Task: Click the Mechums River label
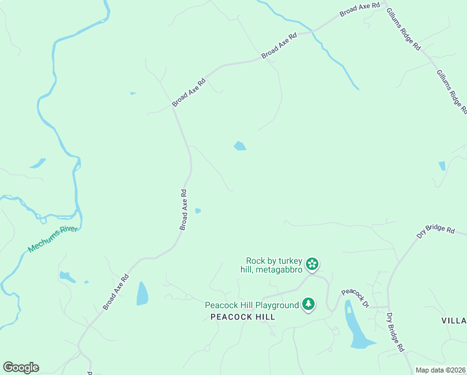(53, 239)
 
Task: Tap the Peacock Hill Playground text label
(252, 305)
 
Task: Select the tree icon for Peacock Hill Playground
(308, 304)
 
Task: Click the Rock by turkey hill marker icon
(313, 264)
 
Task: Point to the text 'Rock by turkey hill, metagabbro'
(274, 265)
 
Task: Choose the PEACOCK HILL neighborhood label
(243, 317)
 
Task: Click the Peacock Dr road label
(355, 298)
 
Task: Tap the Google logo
(21, 367)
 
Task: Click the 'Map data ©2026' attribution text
(440, 370)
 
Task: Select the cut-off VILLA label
(454, 320)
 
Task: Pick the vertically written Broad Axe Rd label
(184, 210)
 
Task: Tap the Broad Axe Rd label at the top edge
(360, 9)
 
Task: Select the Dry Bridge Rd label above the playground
(435, 234)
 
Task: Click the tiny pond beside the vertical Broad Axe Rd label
(198, 211)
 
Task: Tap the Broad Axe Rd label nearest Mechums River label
(116, 291)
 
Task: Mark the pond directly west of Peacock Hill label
(142, 293)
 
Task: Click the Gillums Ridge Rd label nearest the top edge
(403, 29)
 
